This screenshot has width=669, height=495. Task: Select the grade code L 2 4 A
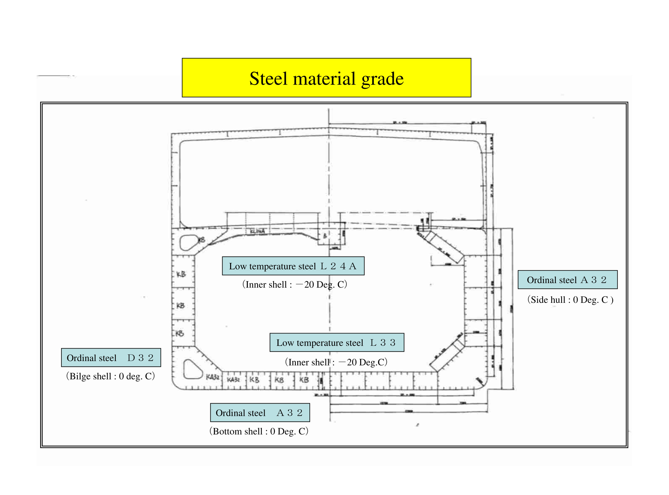(x=338, y=266)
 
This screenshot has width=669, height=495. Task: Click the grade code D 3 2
(x=140, y=358)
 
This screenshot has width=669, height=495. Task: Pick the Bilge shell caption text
(x=111, y=376)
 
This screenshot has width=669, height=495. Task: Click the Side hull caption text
(x=570, y=300)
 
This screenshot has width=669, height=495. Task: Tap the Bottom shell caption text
(x=259, y=431)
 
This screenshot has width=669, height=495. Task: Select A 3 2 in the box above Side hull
(x=594, y=280)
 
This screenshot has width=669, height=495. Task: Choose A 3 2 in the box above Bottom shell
(x=289, y=413)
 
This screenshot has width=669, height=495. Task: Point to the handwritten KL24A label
(x=257, y=231)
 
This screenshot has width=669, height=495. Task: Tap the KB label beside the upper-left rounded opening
(x=202, y=240)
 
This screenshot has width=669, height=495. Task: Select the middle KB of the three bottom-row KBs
(x=279, y=380)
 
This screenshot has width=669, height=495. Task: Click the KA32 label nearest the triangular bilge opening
(x=213, y=377)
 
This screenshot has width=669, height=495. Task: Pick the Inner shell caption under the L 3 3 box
(x=336, y=362)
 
